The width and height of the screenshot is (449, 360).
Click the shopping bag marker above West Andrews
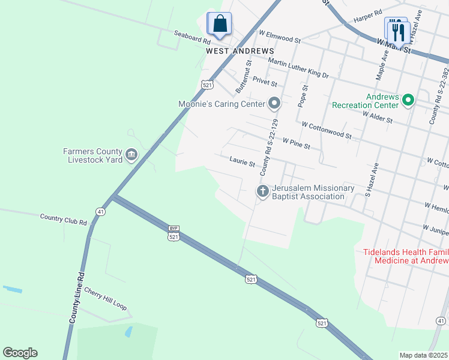click(x=220, y=24)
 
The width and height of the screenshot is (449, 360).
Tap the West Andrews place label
click(x=240, y=52)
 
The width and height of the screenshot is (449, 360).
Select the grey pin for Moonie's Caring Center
click(x=274, y=104)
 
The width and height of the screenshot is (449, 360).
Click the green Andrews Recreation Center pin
click(x=408, y=100)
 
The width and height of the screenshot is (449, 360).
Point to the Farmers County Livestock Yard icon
click(x=131, y=156)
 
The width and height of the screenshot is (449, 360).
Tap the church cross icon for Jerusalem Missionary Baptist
click(x=262, y=191)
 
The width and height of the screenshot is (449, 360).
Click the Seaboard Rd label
click(x=192, y=37)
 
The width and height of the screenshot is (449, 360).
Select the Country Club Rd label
click(x=63, y=219)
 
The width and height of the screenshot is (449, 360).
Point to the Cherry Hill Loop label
click(x=106, y=298)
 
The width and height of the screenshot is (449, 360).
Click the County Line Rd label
click(x=76, y=296)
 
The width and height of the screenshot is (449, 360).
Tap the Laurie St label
click(x=243, y=161)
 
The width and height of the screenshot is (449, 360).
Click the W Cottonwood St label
click(x=327, y=131)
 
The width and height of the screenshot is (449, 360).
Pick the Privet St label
click(x=264, y=81)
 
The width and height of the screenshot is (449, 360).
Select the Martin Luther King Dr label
click(x=298, y=68)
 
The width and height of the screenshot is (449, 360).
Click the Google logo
click(x=20, y=353)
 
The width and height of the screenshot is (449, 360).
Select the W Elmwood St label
click(x=279, y=38)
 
